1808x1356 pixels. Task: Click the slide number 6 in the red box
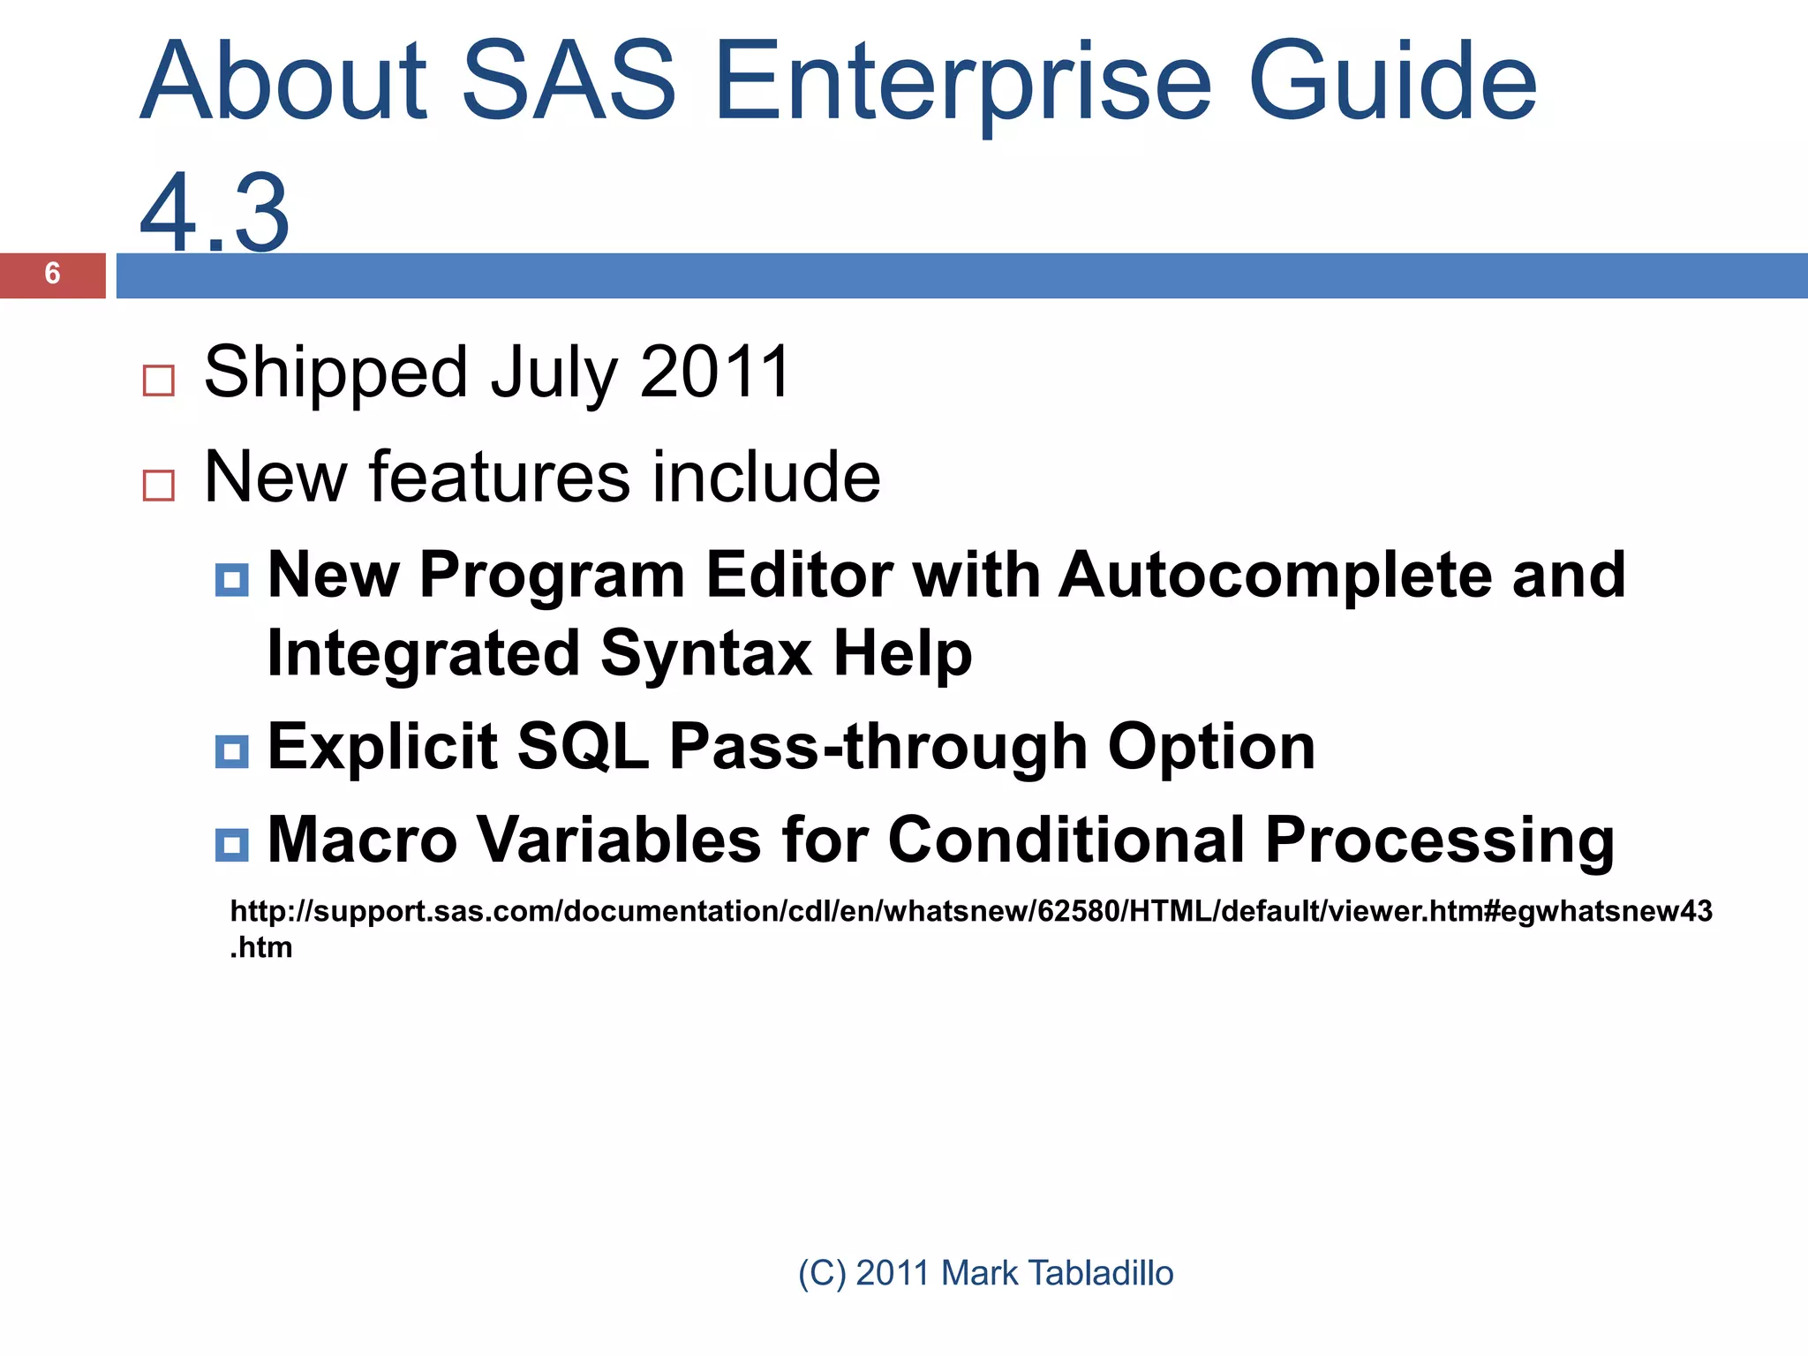point(52,275)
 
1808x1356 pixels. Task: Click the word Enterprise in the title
point(962,84)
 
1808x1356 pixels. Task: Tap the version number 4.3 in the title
point(215,212)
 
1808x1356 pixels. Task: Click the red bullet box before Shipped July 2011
point(159,380)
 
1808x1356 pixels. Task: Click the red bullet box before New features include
point(159,486)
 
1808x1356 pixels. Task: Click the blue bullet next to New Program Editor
point(232,580)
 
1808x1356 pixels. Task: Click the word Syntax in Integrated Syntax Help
point(705,654)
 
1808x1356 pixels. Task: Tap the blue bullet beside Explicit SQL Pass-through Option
point(232,751)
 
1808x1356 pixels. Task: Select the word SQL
point(582,748)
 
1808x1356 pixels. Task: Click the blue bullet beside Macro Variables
point(232,845)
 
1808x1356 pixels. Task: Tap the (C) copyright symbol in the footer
point(821,1274)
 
